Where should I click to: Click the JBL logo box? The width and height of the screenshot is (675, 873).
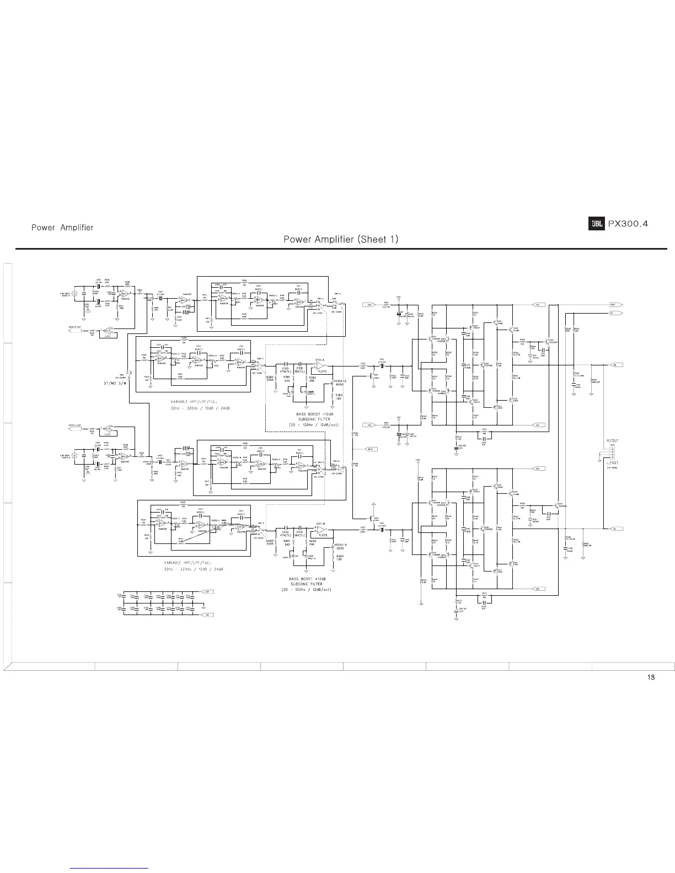point(596,224)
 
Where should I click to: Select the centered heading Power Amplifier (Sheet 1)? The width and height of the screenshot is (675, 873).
point(340,239)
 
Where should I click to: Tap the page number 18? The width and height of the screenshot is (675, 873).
point(651,677)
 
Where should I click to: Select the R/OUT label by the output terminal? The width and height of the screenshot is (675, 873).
point(612,441)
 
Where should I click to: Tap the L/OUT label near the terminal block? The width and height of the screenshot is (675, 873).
point(612,463)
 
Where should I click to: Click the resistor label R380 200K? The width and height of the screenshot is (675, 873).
point(270,379)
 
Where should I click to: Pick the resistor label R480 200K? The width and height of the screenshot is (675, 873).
point(270,543)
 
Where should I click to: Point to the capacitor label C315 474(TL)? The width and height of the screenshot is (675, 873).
point(286,370)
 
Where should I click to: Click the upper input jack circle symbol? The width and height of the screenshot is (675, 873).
point(75,294)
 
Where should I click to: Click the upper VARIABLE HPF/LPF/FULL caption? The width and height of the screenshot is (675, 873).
point(194,402)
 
